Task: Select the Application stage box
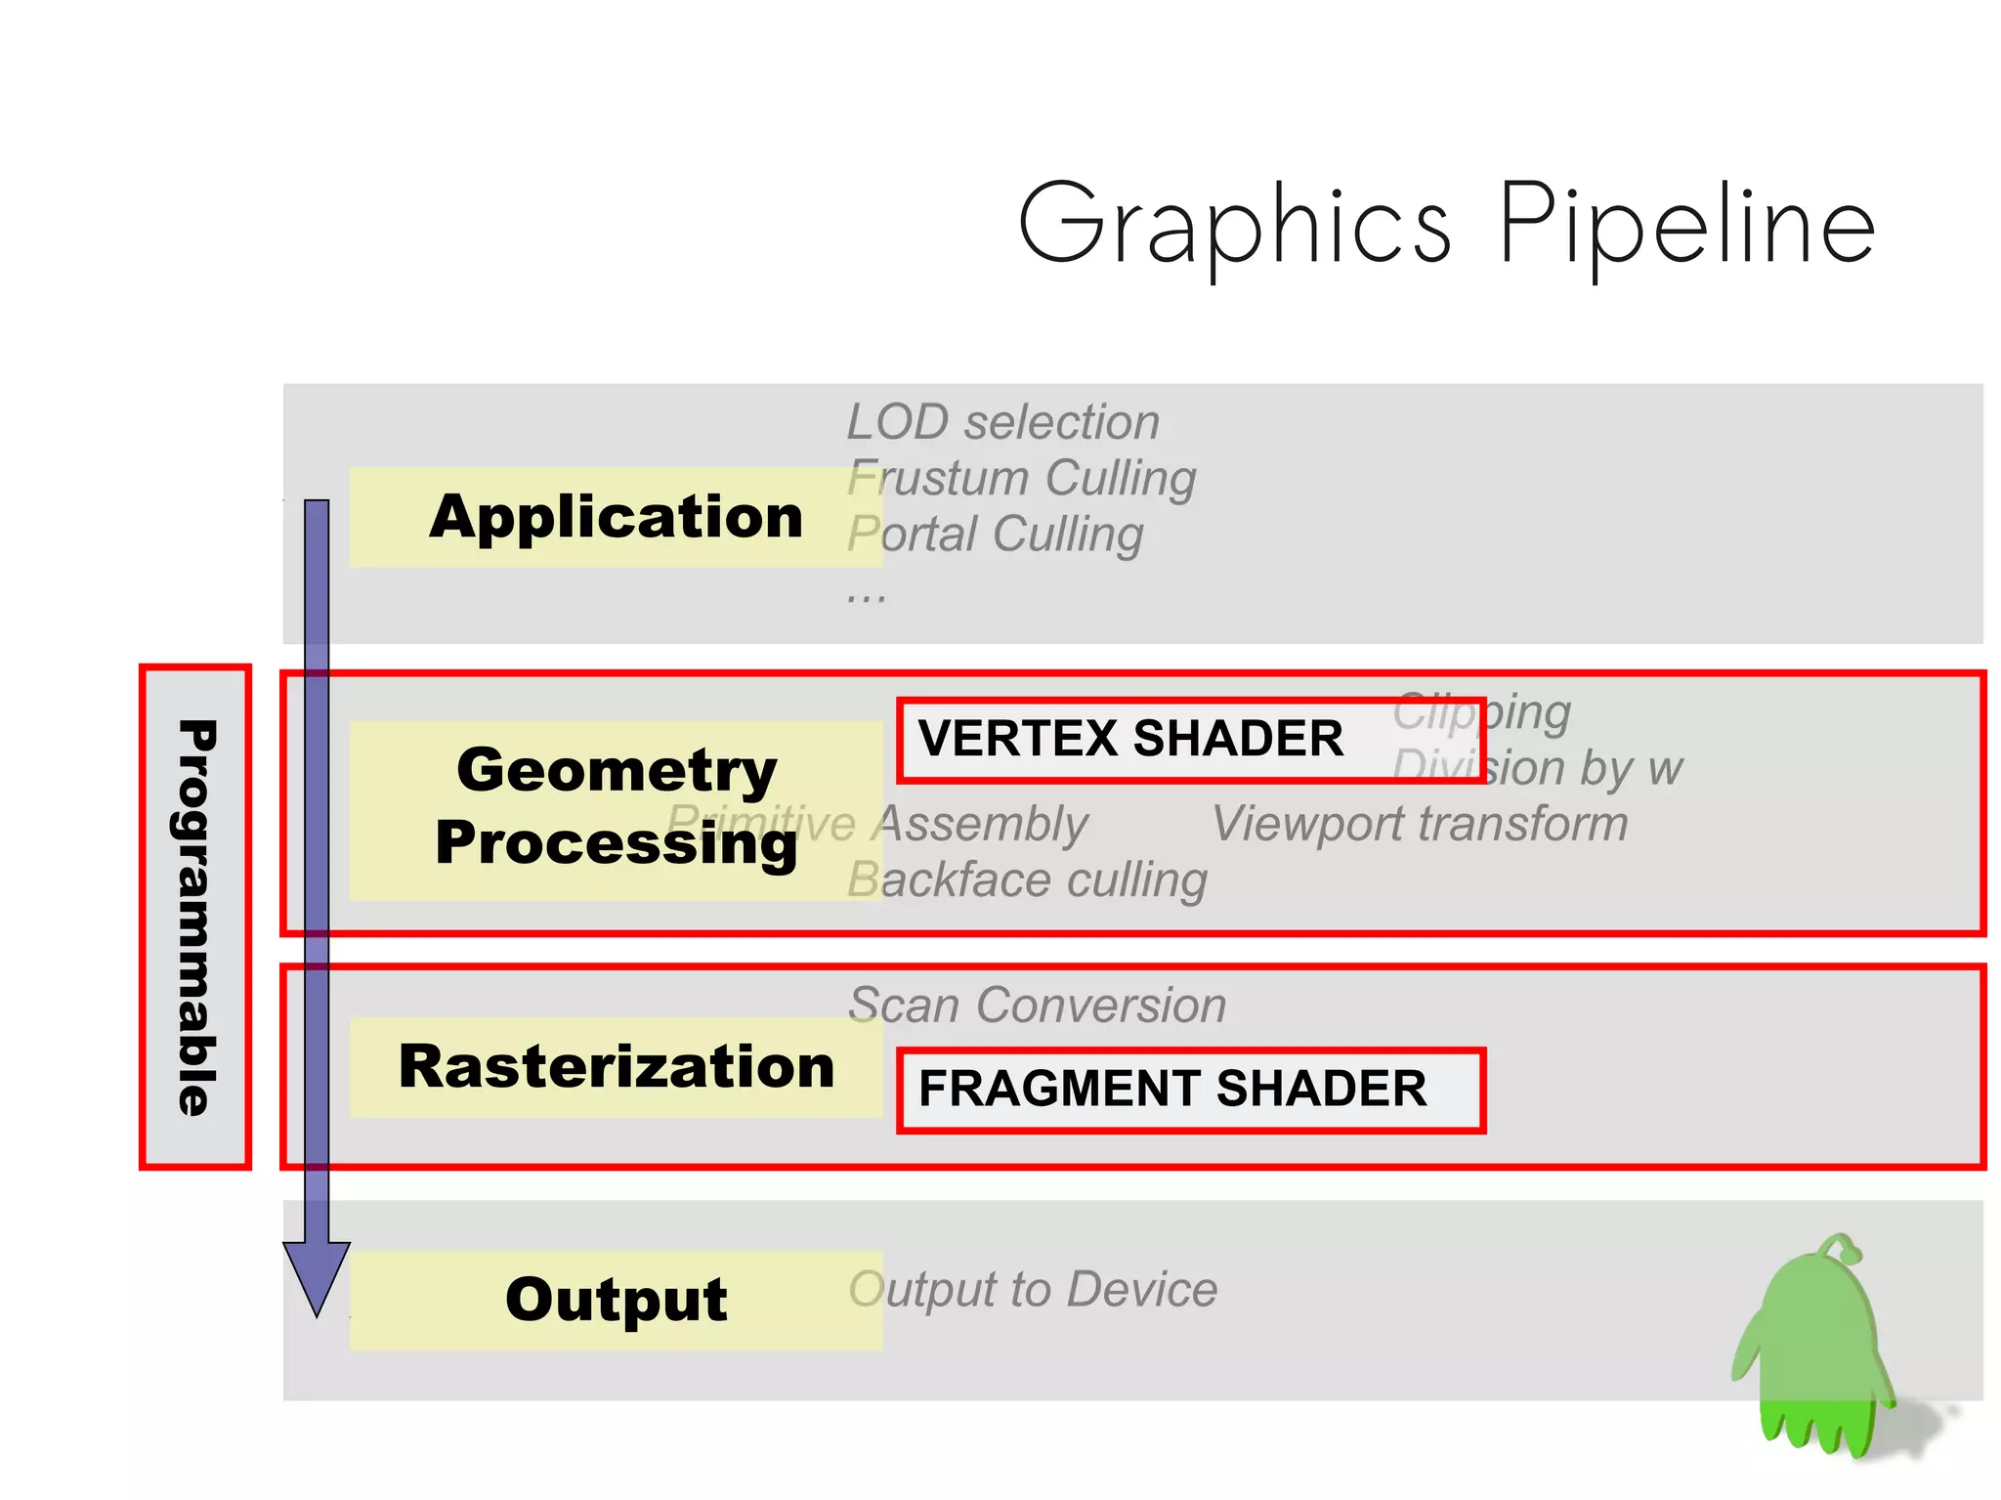(616, 517)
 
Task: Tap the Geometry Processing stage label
(616, 807)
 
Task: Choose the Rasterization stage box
(616, 1066)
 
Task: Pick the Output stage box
(616, 1300)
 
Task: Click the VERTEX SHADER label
(1130, 739)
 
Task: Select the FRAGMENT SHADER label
(1172, 1089)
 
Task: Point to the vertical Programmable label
(195, 917)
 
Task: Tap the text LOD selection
(1002, 422)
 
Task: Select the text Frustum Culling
(1021, 479)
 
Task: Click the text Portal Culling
(995, 536)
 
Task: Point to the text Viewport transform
(1420, 824)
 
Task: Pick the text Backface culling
(1027, 880)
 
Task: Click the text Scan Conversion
(1037, 1006)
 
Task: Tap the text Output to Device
(1033, 1290)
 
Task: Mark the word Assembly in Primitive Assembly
(981, 824)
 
